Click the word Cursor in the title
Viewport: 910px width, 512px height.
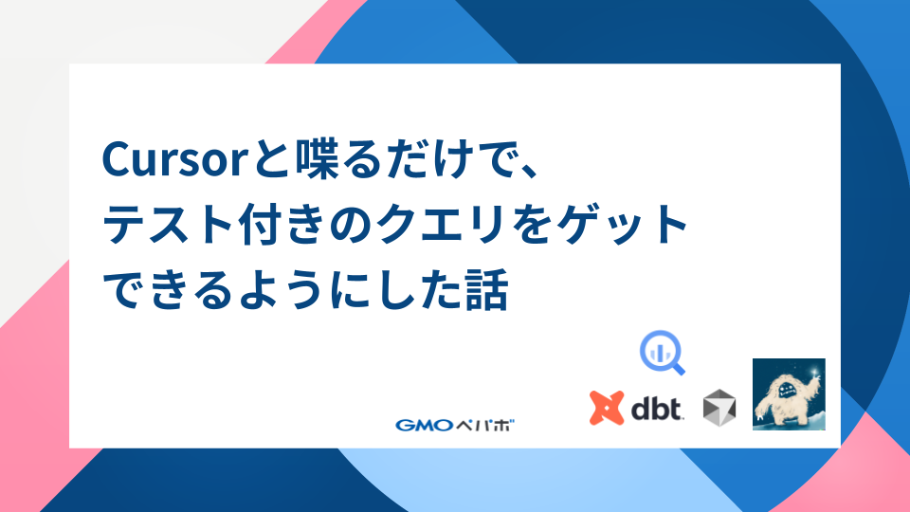[176, 159]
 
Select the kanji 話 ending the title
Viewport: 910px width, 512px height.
[487, 288]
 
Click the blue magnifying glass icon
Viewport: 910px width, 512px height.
[663, 353]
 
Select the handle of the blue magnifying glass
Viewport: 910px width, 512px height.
[677, 368]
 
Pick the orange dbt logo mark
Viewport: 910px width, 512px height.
[607, 408]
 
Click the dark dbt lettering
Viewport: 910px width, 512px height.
[657, 410]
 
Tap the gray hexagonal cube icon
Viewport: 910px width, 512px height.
[719, 408]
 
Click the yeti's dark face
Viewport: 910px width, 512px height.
[787, 391]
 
